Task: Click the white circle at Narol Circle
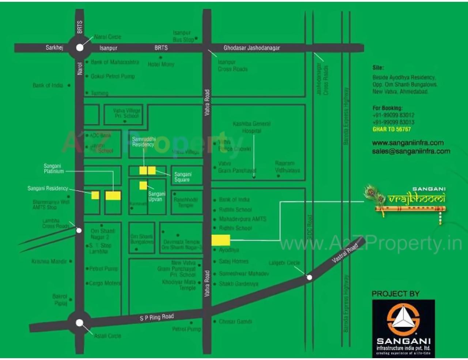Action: click(80, 48)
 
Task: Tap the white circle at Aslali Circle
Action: click(79, 323)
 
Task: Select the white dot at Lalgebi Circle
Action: click(309, 277)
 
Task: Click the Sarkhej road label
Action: click(54, 48)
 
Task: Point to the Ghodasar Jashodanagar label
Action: click(252, 48)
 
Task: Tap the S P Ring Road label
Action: click(156, 317)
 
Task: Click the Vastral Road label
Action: click(345, 253)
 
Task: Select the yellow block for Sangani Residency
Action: click(95, 195)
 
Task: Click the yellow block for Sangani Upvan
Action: click(143, 185)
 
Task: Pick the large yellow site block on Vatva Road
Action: click(221, 240)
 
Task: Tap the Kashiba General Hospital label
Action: click(252, 127)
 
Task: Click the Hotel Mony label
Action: click(161, 64)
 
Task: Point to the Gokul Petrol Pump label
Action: click(113, 76)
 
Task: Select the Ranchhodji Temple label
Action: click(186, 202)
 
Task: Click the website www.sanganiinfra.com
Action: click(408, 143)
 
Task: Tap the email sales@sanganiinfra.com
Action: click(411, 151)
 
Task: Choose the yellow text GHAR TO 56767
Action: click(392, 129)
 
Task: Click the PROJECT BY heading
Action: click(396, 294)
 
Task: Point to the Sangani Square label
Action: click(183, 177)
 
